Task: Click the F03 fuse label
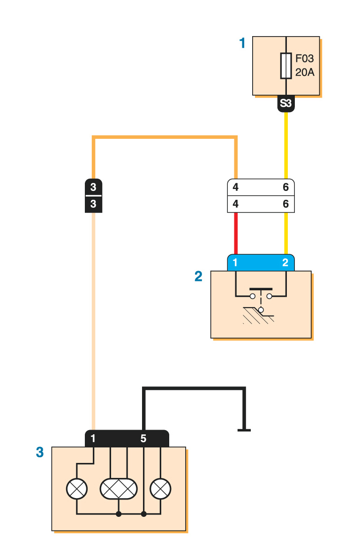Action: coord(304,60)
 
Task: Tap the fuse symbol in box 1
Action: coord(285,66)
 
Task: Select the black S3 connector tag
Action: coord(286,104)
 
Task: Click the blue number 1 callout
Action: coord(242,44)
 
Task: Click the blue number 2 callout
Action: coord(198,276)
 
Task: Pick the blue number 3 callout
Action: coord(40,452)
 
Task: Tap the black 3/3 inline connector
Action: coord(93,196)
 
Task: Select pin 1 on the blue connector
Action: coord(235,263)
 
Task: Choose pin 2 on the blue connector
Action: coord(285,263)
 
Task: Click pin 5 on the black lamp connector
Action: coord(143,439)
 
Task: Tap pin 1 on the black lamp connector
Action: coord(93,439)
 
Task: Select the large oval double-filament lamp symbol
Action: coord(119,489)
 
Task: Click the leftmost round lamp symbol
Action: coord(77,489)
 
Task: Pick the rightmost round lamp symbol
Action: coord(160,489)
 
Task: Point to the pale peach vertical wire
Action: coord(93,319)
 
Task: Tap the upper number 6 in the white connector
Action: coord(286,187)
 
